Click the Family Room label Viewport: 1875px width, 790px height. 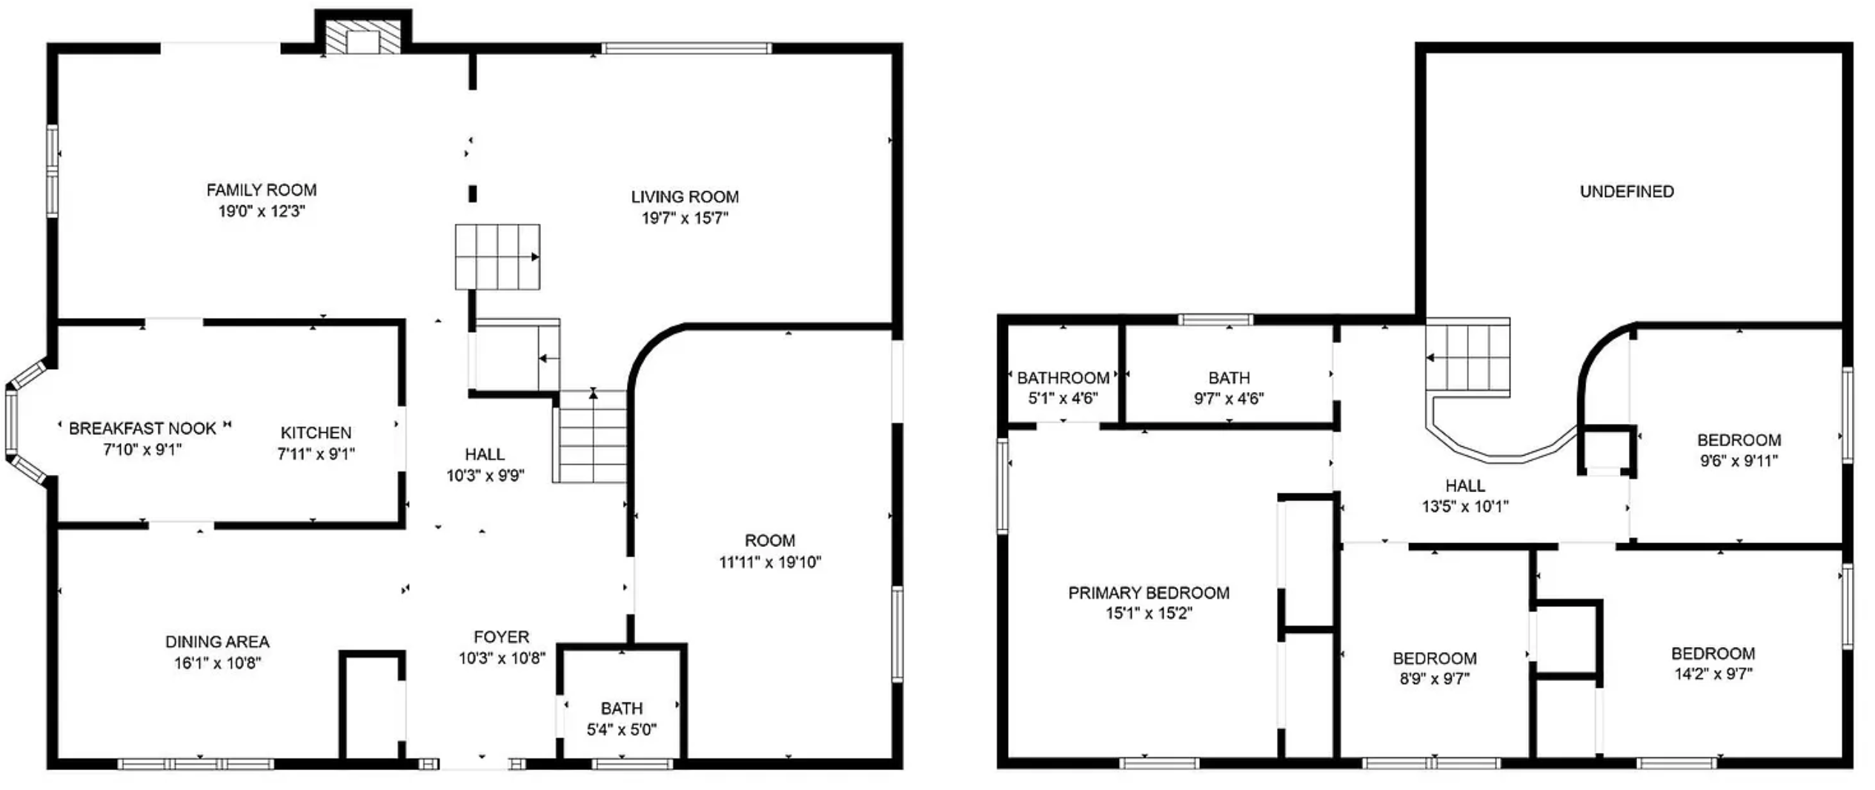coord(262,190)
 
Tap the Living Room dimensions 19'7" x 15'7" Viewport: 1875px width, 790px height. coord(685,218)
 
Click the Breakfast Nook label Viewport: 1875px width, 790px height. coord(142,428)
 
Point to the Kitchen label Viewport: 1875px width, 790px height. coord(316,433)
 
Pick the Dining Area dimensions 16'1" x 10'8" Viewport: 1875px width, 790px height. coord(217,663)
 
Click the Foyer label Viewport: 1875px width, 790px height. coord(502,637)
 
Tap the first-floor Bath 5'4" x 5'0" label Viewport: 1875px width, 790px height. coord(622,719)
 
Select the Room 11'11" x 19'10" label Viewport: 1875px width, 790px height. coord(770,551)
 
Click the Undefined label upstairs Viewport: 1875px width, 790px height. coord(1627,191)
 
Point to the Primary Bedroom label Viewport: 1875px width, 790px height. coord(1149,593)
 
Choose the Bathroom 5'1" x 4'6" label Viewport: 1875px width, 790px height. coord(1063,388)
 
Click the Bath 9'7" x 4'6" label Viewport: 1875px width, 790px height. coord(1229,388)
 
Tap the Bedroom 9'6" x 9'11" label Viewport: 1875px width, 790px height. coord(1739,450)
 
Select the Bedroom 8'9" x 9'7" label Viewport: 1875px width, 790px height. coord(1435,668)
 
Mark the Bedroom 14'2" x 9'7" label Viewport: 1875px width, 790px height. coord(1713,663)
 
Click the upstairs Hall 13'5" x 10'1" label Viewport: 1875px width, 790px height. coord(1465,496)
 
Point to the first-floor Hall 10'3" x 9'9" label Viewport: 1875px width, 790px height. coord(485,465)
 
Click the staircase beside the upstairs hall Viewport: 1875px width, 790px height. coord(1468,357)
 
